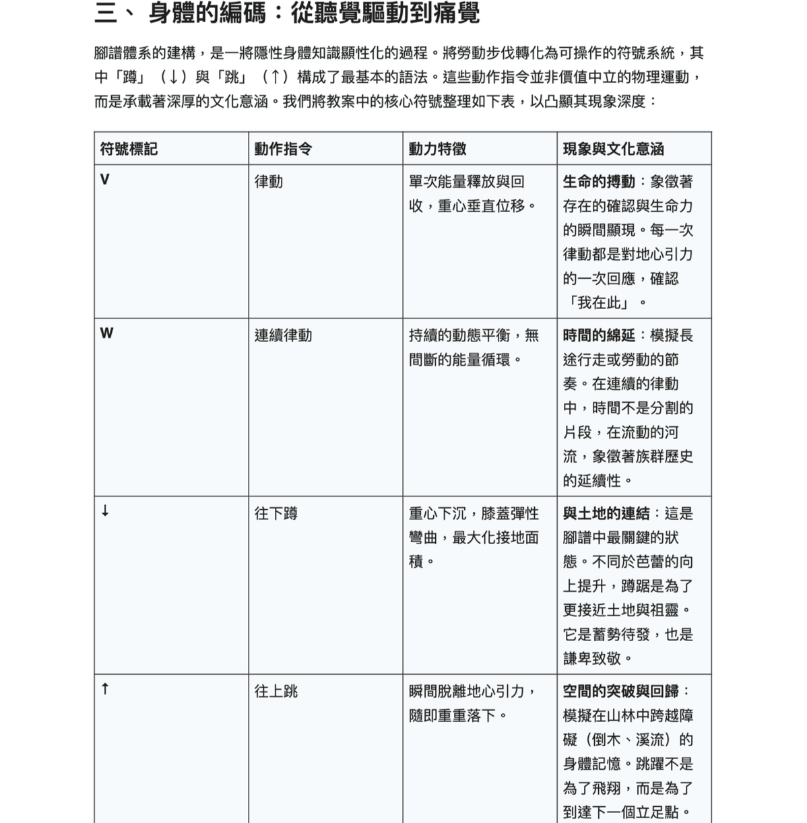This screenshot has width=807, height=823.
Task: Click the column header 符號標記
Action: tap(129, 149)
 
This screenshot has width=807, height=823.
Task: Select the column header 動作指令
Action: tap(283, 149)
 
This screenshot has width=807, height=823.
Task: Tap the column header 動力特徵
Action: tap(437, 149)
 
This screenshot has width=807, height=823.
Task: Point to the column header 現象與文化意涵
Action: tap(613, 149)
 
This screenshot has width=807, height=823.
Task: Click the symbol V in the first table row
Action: tap(104, 180)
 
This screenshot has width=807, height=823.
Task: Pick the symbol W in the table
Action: tap(106, 333)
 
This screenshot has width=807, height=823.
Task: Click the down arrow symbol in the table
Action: tap(104, 511)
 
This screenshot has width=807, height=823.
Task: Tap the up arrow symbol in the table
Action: tap(104, 689)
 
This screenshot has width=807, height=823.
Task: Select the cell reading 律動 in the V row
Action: tap(269, 182)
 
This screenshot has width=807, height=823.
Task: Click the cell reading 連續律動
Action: tap(283, 335)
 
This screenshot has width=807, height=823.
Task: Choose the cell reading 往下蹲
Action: tap(276, 513)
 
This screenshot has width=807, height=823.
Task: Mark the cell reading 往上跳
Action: tap(276, 691)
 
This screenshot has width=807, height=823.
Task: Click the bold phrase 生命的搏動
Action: tap(599, 182)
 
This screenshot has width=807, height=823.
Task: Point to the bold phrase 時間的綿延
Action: tap(599, 335)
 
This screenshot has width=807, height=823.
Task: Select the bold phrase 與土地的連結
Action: tap(606, 513)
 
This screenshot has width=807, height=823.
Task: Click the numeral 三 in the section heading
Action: tap(106, 13)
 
